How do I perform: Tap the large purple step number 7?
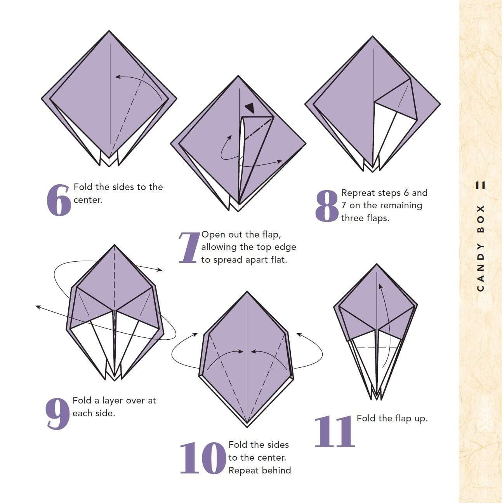point(189,247)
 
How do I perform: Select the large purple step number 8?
point(327,206)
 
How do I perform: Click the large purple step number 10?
point(203,458)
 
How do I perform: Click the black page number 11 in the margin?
point(480,185)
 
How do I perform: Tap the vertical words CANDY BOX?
point(480,247)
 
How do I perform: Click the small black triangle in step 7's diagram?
point(249,108)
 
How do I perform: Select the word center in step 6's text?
point(87,200)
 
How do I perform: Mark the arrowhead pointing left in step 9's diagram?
point(38,307)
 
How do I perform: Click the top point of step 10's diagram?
point(247,292)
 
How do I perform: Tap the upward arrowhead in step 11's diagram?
point(380,286)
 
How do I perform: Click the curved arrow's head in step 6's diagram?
point(118,77)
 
